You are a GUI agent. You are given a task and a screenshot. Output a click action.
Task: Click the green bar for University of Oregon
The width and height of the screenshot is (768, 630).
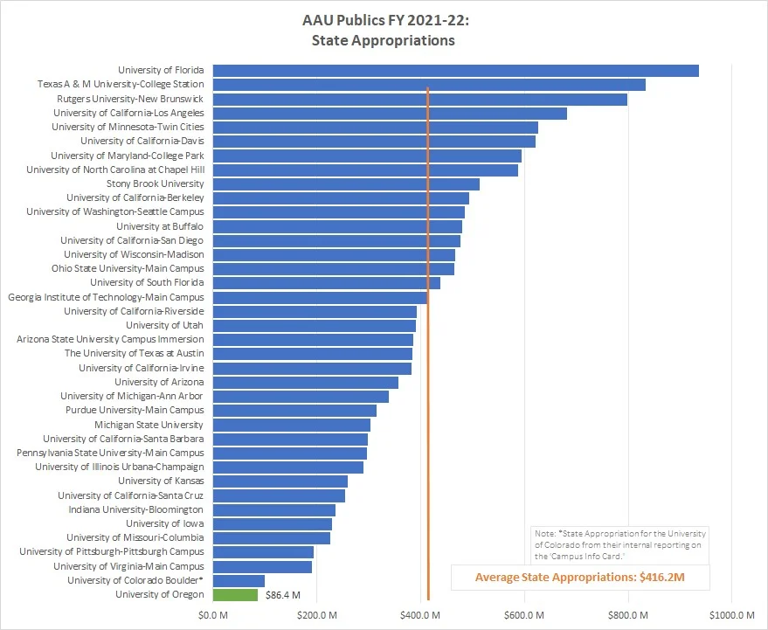tap(235, 594)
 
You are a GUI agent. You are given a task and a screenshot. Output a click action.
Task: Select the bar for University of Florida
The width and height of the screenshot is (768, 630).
tap(455, 70)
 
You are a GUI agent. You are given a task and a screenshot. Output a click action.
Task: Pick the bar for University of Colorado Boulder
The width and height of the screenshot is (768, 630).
tap(239, 580)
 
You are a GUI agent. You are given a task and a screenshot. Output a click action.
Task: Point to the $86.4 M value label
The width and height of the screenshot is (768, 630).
tap(282, 595)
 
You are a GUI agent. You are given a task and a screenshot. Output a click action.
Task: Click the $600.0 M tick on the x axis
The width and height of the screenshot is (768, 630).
tap(525, 616)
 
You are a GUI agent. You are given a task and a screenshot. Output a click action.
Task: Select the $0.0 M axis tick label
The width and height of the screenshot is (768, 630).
tap(212, 616)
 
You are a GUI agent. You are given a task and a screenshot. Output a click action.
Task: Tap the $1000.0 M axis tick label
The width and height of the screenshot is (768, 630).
tap(731, 616)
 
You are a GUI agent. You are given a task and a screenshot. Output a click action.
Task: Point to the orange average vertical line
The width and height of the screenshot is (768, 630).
tap(428, 350)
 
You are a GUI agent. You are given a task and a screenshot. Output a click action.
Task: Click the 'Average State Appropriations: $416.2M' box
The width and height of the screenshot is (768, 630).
tap(580, 577)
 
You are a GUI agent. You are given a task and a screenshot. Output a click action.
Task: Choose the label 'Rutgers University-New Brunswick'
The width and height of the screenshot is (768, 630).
tap(128, 99)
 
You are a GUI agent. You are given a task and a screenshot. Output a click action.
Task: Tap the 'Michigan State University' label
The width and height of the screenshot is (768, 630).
tap(149, 424)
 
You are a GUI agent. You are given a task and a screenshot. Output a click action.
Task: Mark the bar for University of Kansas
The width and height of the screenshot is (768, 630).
tap(280, 481)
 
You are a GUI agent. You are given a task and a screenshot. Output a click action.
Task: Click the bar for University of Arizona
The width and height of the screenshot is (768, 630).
tap(305, 382)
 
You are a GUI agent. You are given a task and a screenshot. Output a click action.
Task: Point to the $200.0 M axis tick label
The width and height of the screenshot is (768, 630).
tap(316, 616)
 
